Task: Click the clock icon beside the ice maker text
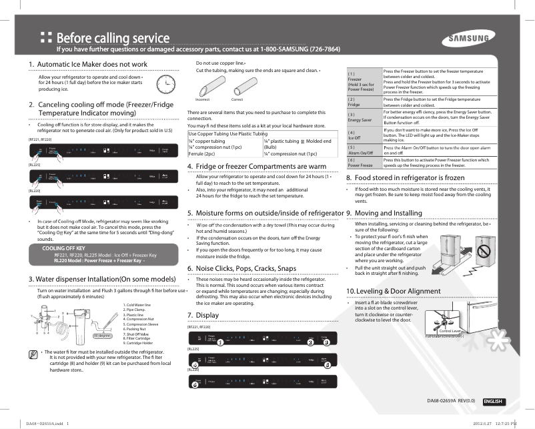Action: point(163,84)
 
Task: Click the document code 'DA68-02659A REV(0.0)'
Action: point(451,402)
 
